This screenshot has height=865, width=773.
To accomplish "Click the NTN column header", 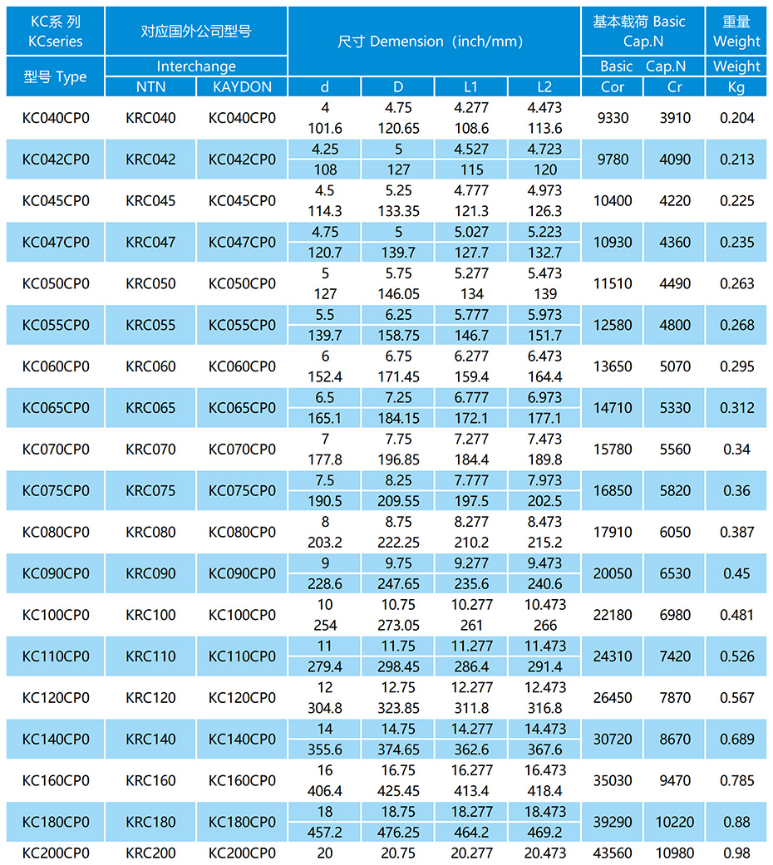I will [x=150, y=86].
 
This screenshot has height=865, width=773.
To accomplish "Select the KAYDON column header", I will [x=242, y=86].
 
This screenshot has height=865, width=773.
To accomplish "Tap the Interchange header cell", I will [x=196, y=66].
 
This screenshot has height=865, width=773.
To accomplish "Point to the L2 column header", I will [x=544, y=86].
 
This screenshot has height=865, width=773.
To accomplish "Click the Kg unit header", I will [x=736, y=86].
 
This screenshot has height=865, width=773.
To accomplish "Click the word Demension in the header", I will [x=406, y=42].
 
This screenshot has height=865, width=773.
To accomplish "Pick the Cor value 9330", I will [x=613, y=118].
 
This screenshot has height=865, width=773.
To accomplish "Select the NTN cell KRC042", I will [x=150, y=160].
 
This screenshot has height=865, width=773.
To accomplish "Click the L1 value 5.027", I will [x=472, y=232].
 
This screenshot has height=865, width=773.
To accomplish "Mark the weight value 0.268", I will [x=736, y=325].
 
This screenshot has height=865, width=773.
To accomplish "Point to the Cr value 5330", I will [x=675, y=408].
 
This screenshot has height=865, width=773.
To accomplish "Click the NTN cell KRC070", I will [x=150, y=450].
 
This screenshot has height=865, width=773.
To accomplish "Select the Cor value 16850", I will [x=613, y=491].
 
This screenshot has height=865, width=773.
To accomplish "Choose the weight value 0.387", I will [x=736, y=533].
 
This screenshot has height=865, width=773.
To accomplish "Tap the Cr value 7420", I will [x=675, y=656].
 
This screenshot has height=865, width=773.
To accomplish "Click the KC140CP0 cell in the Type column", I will [x=56, y=740].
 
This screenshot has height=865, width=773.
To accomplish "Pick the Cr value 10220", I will [x=675, y=822].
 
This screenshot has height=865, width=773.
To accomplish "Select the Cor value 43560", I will [x=613, y=853].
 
